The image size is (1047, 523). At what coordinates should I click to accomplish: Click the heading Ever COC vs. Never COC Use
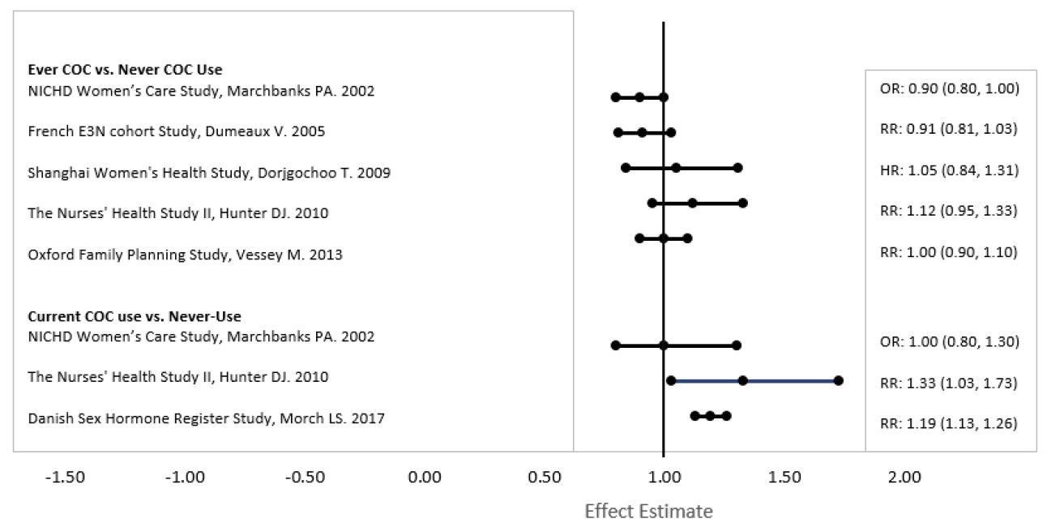tap(125, 70)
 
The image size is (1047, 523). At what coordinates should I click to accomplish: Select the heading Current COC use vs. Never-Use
tap(135, 316)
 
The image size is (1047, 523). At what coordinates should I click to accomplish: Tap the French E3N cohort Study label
tap(176, 131)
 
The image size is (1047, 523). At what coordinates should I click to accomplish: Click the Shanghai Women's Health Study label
tap(209, 173)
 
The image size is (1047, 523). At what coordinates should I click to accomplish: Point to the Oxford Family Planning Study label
tap(185, 255)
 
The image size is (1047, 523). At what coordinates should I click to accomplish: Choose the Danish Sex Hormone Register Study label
tap(206, 418)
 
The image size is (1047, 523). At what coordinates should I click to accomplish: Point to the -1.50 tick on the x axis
tap(64, 478)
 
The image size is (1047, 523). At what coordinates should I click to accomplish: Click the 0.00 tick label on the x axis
tap(425, 478)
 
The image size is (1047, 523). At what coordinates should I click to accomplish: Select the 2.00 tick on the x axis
tap(904, 478)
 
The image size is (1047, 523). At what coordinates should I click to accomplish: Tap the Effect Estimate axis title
tap(648, 512)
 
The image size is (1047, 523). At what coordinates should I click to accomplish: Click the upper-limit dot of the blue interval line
tap(838, 380)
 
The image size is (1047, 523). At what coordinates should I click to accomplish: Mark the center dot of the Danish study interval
tap(710, 416)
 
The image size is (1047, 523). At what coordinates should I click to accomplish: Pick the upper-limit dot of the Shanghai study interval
tap(737, 168)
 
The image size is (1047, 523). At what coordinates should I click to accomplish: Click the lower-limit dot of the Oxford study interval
tap(639, 238)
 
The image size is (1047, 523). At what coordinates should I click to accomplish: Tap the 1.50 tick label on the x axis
tap(784, 478)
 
